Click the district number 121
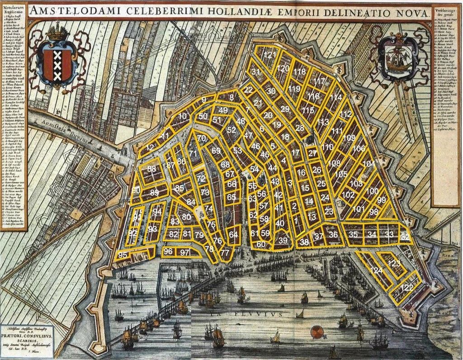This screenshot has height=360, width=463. pyautogui.click(x=270, y=55)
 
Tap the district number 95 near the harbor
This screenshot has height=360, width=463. pyautogui.click(x=123, y=255)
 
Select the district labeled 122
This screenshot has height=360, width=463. pyautogui.click(x=407, y=288)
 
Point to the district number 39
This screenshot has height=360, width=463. pyautogui.click(x=283, y=241)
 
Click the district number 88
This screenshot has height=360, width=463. pyautogui.click(x=151, y=169)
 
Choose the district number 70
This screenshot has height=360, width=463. pyautogui.click(x=202, y=138)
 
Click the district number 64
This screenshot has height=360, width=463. pyautogui.click(x=233, y=234)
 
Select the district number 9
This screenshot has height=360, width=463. pyautogui.click(x=204, y=99)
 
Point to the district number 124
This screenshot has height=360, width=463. pyautogui.click(x=376, y=270)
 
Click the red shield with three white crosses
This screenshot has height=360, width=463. pyautogui.click(x=57, y=65)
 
